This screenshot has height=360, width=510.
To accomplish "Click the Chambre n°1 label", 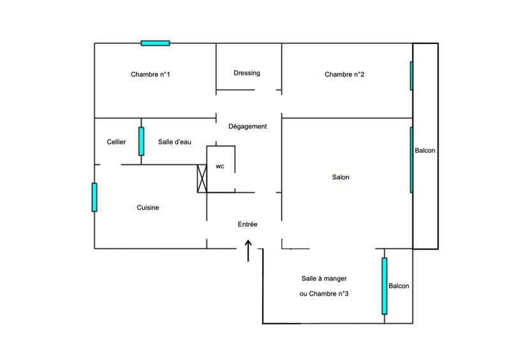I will (x=150, y=75).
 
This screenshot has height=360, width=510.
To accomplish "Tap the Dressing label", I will (x=247, y=73).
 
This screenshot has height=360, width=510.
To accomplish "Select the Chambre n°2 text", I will (x=344, y=75).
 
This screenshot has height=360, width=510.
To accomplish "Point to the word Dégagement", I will (x=247, y=126).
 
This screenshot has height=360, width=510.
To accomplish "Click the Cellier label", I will (x=117, y=142).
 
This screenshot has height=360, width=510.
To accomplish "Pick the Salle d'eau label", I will (x=175, y=142).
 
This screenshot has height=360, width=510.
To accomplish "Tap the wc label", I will (x=220, y=166).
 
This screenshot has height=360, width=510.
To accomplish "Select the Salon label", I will (x=340, y=178).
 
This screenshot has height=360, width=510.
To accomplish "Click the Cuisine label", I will (x=148, y=208).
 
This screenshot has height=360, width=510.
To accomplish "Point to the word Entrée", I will (x=247, y=224).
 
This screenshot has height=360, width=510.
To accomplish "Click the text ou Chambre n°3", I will (x=323, y=294).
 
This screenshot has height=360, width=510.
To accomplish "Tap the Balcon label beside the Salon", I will (x=425, y=151).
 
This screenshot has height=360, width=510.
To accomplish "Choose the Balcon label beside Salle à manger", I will (x=398, y=286).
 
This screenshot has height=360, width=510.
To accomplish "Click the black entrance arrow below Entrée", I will (x=248, y=250).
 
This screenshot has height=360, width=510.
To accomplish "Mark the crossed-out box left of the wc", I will (x=202, y=178).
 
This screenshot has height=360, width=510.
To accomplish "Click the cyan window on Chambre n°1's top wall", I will (x=156, y=43).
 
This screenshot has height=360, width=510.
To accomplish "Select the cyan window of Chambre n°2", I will (x=411, y=75).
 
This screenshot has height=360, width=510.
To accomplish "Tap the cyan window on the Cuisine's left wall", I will (x=94, y=197).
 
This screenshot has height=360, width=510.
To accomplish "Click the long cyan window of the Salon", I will (x=411, y=160).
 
